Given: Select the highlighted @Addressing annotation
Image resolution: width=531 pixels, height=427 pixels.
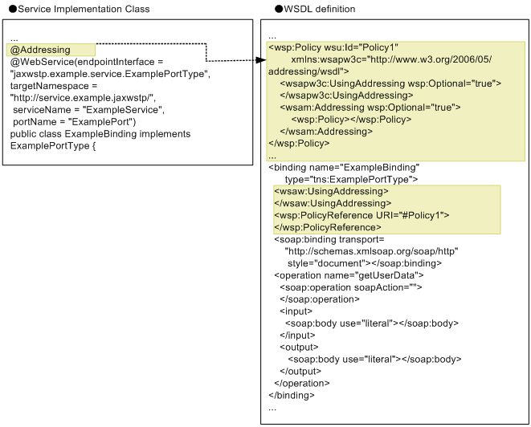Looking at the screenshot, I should tap(41, 50).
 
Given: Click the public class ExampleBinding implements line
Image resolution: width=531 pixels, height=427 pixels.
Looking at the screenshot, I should tap(100, 134).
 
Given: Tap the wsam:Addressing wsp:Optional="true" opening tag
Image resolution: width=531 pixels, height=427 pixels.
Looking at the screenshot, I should tap(374, 108).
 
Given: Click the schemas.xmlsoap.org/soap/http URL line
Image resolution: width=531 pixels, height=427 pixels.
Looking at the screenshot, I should tap(372, 251).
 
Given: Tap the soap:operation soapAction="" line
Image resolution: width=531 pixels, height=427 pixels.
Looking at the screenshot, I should tap(351, 287).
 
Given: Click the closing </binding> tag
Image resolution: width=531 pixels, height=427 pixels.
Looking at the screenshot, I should tap(291, 395).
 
